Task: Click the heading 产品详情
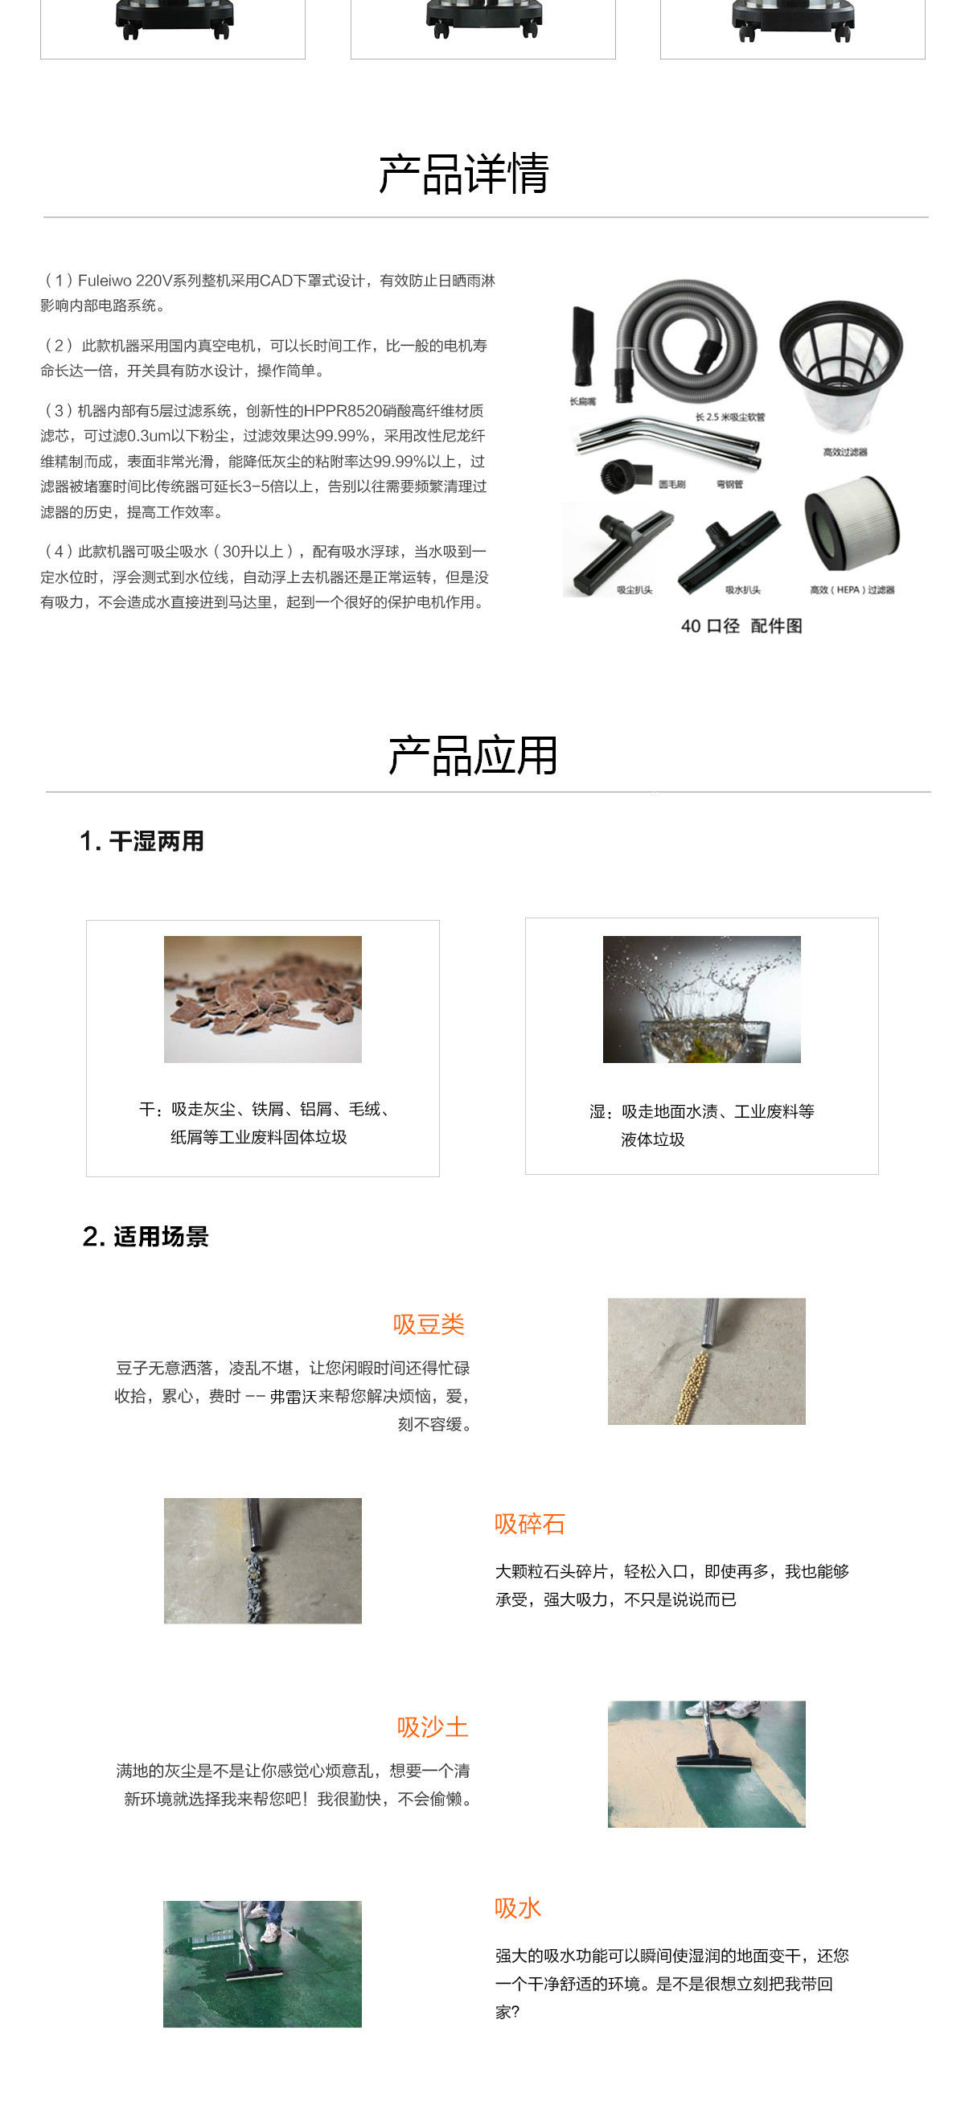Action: (464, 174)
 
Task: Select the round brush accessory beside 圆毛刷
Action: (625, 474)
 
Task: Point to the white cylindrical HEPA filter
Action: (851, 524)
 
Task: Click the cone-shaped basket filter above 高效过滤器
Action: (840, 360)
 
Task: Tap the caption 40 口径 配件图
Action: (741, 626)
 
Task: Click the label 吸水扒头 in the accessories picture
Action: (742, 589)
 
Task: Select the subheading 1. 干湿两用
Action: (142, 841)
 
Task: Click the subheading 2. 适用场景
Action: (146, 1236)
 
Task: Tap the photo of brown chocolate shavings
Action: (262, 999)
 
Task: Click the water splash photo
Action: (701, 999)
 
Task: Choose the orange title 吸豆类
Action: (429, 1324)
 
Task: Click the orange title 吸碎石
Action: (529, 1524)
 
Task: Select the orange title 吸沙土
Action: (433, 1726)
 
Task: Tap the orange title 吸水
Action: (517, 1907)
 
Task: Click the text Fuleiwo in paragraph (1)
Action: (104, 281)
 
